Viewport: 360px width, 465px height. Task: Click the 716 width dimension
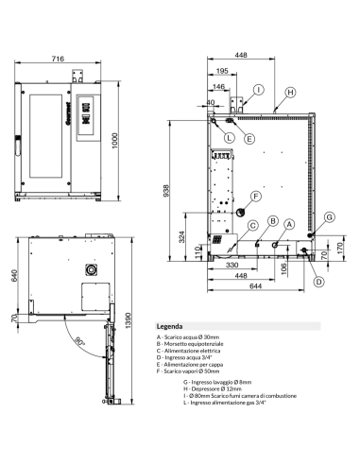click(58, 59)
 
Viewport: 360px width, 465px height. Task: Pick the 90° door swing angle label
click(81, 341)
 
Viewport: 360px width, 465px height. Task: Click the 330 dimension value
click(231, 266)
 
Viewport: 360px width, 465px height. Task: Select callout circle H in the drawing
click(290, 92)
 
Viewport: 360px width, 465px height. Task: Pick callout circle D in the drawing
click(318, 281)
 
